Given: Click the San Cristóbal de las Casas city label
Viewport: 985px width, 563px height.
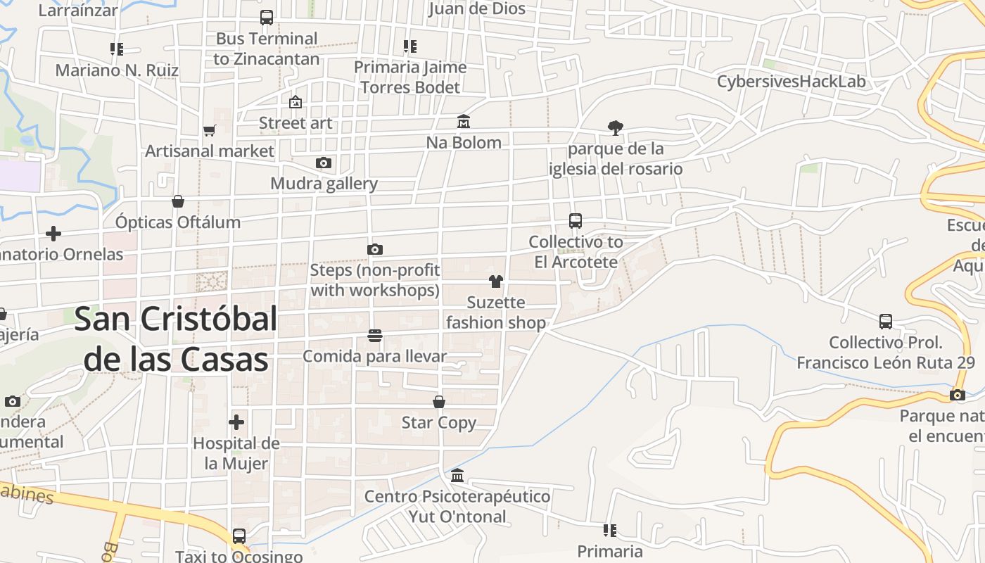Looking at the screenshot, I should pos(176,339).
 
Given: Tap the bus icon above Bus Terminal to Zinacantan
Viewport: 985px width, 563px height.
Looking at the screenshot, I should pos(266,18).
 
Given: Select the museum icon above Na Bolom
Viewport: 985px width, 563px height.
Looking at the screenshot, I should pos(463,122).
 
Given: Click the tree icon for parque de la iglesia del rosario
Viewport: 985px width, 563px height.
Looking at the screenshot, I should pos(616,127).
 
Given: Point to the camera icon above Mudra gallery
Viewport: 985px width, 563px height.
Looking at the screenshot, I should pos(323,163).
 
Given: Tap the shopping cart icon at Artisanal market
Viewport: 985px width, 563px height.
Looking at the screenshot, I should pos(209,130).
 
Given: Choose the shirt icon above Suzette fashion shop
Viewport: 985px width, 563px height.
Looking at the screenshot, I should pos(496,281).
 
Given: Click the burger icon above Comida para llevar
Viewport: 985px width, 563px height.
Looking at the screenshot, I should pos(374,336).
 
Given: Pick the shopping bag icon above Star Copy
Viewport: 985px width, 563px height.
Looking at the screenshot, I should pos(439,402).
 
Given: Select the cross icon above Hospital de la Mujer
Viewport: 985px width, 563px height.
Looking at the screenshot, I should pos(236,422).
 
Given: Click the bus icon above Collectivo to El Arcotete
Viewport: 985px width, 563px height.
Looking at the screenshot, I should pos(576,221).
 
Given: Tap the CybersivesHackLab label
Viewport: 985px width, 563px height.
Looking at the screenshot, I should pos(791,82).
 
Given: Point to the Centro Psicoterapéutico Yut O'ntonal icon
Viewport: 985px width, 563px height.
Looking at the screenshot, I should pos(457,476).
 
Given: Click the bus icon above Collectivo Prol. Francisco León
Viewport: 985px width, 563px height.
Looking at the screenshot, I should pos(886,322).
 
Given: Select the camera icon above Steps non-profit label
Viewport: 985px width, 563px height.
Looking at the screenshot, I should pos(375,250).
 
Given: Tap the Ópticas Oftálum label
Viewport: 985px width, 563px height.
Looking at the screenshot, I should pos(178,222).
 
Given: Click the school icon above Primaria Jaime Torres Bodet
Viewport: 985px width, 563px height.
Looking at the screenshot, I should pos(410,46).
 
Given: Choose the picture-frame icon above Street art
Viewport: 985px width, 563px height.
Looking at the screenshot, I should pos(295,102).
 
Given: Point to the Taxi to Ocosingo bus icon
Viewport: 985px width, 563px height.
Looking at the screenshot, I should pos(239,536).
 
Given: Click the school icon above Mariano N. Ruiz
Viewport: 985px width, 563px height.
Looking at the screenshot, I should pos(117,49).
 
